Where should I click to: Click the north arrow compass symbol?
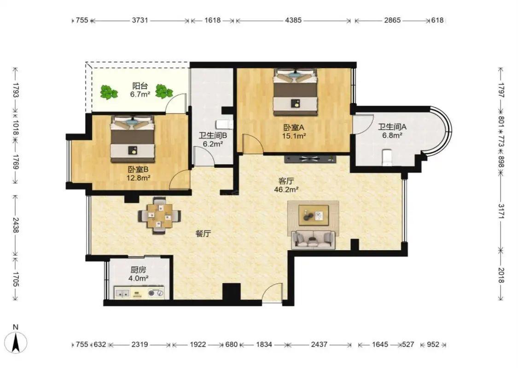(16, 343)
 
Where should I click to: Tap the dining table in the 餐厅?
(160, 216)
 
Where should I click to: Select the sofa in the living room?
(313, 239)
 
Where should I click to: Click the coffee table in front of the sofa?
(314, 215)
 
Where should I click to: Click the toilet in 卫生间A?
(386, 157)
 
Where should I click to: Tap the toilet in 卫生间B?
(224, 125)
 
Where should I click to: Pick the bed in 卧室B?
(133, 139)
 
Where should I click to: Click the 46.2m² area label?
(286, 190)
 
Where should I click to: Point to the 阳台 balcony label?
(140, 86)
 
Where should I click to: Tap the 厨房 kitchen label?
(138, 270)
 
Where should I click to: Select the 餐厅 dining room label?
(203, 234)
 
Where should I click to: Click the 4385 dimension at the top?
(293, 20)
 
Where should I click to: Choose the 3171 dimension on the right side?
(501, 212)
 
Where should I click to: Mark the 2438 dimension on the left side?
(16, 225)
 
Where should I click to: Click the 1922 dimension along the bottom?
(198, 345)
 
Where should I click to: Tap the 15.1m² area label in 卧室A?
(294, 136)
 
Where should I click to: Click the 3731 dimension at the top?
(140, 20)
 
